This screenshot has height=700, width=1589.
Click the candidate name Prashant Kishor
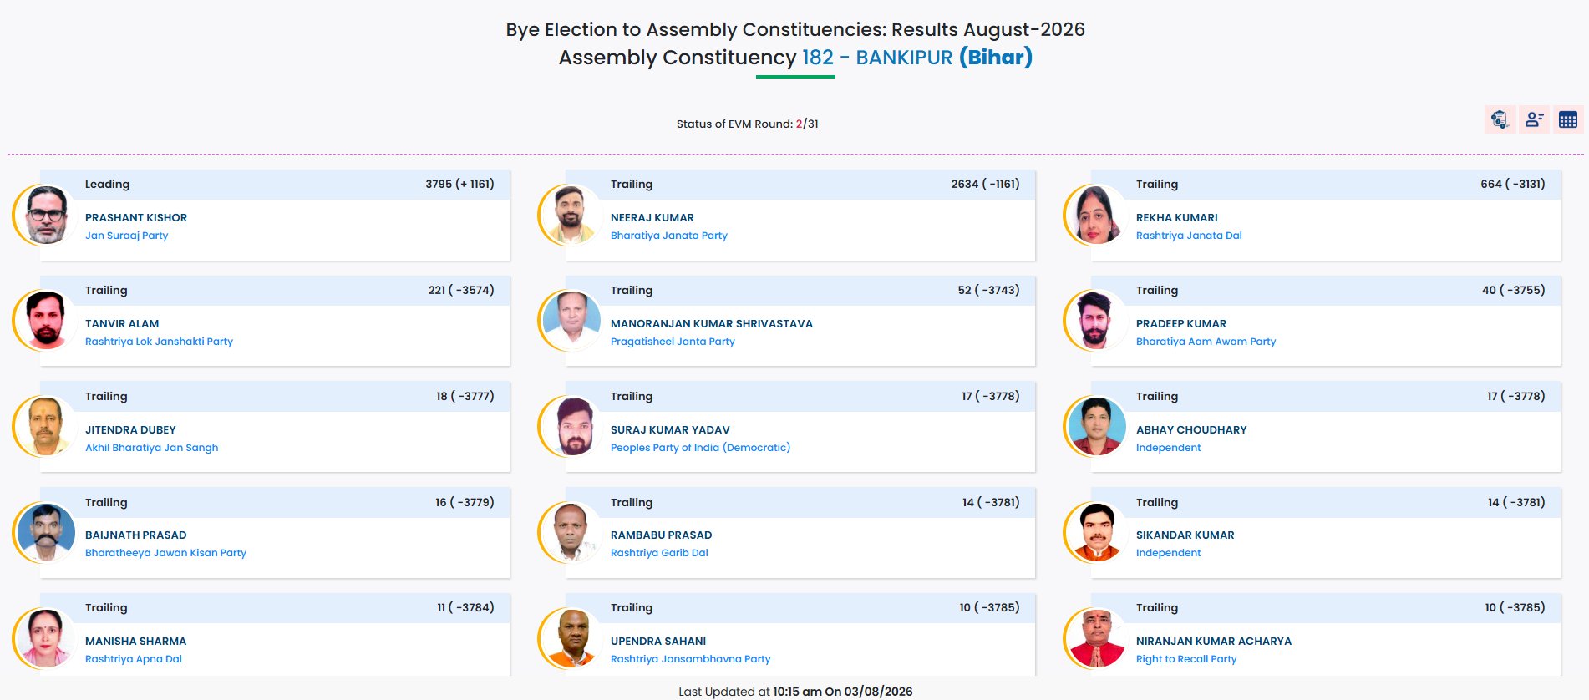click(136, 217)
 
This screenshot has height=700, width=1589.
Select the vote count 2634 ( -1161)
click(985, 184)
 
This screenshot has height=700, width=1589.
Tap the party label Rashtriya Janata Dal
click(1189, 236)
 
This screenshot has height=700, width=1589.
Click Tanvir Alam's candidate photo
click(45, 320)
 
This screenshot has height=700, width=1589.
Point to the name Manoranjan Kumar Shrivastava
click(712, 323)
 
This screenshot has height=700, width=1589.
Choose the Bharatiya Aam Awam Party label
click(1206, 342)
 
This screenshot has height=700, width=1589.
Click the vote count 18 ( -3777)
click(465, 396)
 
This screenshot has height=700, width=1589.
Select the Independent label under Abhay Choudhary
click(1168, 448)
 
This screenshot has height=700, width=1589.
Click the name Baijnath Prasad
click(136, 535)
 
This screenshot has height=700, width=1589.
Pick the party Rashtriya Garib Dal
click(659, 553)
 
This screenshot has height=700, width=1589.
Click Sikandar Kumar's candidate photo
click(1096, 532)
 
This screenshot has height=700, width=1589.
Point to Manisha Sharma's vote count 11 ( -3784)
click(465, 607)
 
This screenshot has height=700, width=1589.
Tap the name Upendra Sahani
click(658, 641)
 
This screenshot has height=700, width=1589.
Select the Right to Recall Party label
click(1186, 659)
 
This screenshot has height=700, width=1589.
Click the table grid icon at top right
click(1567, 119)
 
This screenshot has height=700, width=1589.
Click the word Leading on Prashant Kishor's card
click(107, 184)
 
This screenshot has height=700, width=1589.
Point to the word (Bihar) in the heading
click(996, 58)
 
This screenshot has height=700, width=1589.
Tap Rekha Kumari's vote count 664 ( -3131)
click(1512, 184)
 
